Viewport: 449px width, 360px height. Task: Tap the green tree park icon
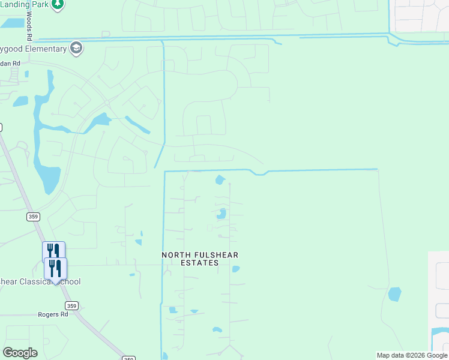[57, 5]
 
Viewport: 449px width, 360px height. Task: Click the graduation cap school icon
[76, 48]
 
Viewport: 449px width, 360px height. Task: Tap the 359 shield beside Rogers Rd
[71, 306]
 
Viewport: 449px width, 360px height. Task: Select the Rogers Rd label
[53, 314]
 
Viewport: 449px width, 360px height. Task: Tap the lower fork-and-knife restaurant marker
[55, 267]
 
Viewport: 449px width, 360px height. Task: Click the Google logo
[20, 353]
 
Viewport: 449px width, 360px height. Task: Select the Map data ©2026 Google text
[412, 355]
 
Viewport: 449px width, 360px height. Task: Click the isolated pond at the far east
[394, 294]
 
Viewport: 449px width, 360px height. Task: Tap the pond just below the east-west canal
[220, 179]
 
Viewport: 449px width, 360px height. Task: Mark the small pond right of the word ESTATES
[236, 269]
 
